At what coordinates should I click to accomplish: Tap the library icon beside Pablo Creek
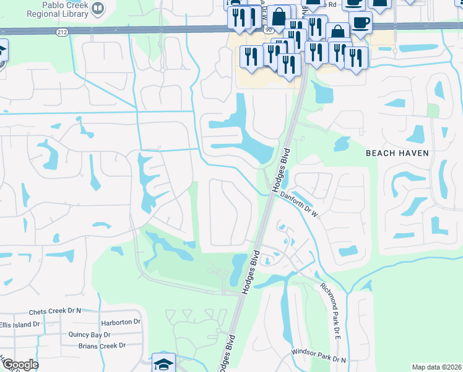[x=97, y=8]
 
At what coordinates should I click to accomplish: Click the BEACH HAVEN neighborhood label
[x=397, y=153]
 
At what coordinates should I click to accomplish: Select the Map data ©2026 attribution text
[x=437, y=367]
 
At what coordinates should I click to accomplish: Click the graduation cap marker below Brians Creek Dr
[x=163, y=363]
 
